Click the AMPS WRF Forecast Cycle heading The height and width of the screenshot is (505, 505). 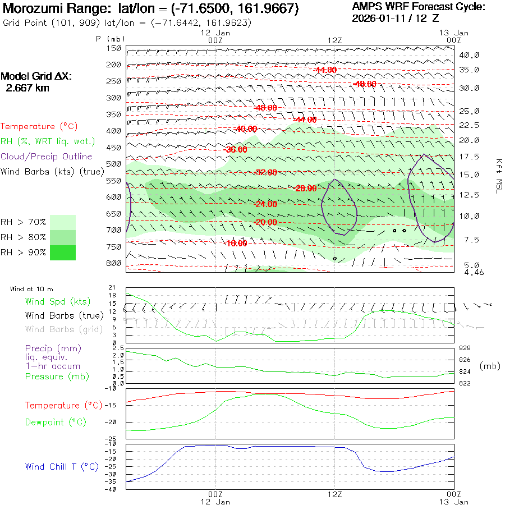click(418, 7)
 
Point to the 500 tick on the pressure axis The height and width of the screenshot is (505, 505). click(114, 164)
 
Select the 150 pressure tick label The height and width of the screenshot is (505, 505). click(114, 48)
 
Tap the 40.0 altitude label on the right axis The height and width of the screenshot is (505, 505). click(469, 55)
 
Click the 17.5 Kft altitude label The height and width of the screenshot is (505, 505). click(469, 157)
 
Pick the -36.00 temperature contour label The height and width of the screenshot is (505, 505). click(235, 150)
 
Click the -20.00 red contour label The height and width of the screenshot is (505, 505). click(265, 222)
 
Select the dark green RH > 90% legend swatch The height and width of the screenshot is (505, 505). click(63, 252)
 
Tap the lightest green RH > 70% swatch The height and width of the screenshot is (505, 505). click(63, 222)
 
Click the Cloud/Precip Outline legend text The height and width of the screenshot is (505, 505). click(46, 157)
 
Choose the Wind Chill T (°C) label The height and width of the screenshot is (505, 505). click(62, 466)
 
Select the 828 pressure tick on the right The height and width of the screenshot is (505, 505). click(464, 348)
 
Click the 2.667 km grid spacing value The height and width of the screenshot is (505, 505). click(27, 88)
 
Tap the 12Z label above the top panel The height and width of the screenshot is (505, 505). click(334, 40)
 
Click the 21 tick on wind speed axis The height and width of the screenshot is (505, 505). click(112, 287)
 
